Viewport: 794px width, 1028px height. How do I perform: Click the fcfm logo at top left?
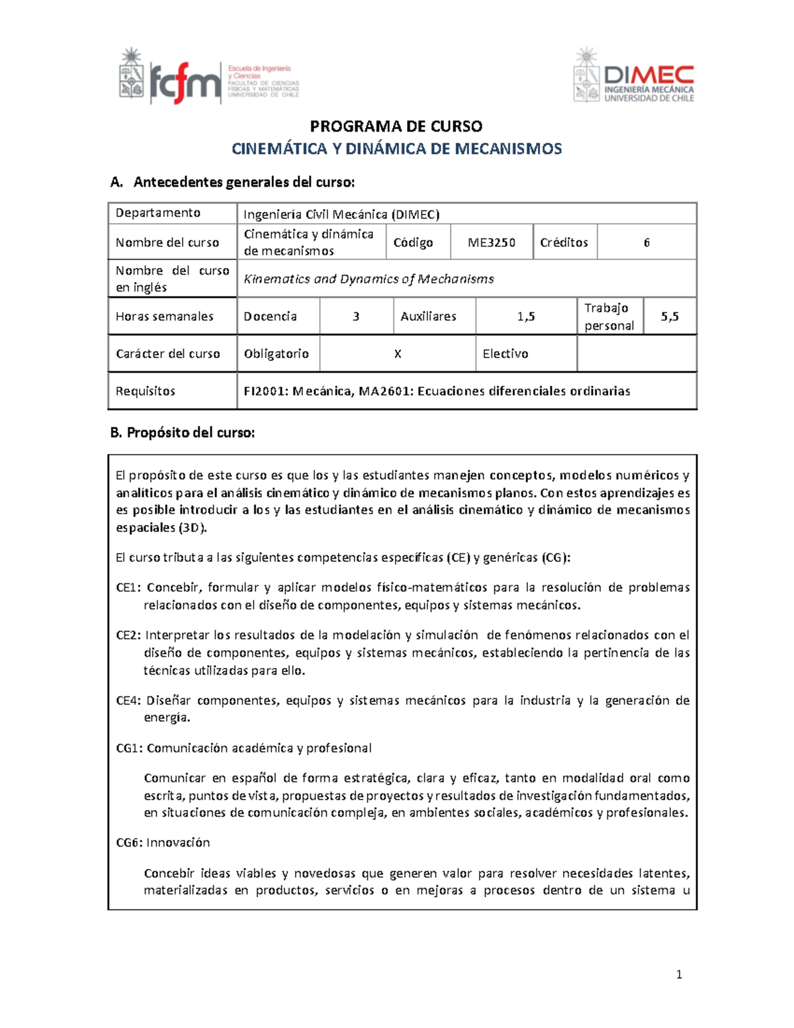coord(209,76)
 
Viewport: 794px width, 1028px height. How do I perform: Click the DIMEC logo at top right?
coord(633,75)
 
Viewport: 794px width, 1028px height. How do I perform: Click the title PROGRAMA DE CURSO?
coord(396,126)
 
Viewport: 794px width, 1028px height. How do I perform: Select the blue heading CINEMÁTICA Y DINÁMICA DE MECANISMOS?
coord(396,148)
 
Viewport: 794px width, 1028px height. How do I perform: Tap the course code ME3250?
coord(491,242)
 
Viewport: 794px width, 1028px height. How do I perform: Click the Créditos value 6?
coord(646,242)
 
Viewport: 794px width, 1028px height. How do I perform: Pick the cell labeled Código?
coord(413,242)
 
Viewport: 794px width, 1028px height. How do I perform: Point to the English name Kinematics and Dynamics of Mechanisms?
coord(369,279)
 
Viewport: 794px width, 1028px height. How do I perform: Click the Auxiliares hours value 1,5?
coord(526,316)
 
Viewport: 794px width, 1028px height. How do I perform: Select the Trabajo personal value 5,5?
coord(670,316)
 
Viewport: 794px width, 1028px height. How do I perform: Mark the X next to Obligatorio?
coord(398,353)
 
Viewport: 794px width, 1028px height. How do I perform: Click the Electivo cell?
coord(506,353)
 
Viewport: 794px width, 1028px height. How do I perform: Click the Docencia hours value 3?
coord(356,316)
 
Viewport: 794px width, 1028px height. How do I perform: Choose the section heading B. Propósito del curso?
coord(182,432)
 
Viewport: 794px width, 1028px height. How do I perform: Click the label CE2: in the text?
coord(128,635)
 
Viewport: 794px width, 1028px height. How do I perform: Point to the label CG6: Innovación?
coord(163,842)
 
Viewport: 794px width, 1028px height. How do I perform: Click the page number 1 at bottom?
coord(679,974)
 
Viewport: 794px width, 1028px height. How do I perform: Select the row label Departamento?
coord(158,212)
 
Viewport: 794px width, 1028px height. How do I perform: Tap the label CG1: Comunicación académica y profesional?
coord(243,748)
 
